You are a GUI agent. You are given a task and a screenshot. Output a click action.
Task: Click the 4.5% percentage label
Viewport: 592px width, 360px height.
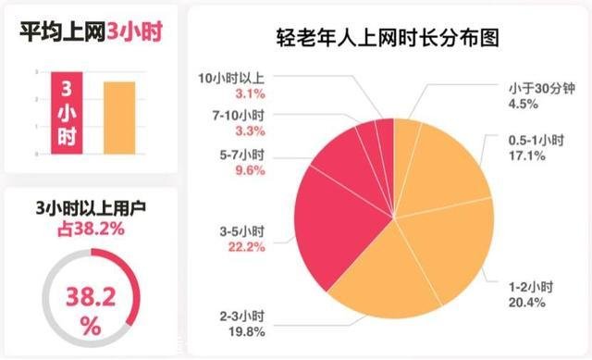click(520, 104)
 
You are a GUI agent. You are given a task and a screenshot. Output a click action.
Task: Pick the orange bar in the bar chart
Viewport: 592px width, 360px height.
click(119, 117)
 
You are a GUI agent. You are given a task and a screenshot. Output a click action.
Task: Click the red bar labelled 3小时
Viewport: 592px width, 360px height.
click(68, 113)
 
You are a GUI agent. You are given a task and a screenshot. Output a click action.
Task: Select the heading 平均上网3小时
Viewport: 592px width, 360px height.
click(88, 30)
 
